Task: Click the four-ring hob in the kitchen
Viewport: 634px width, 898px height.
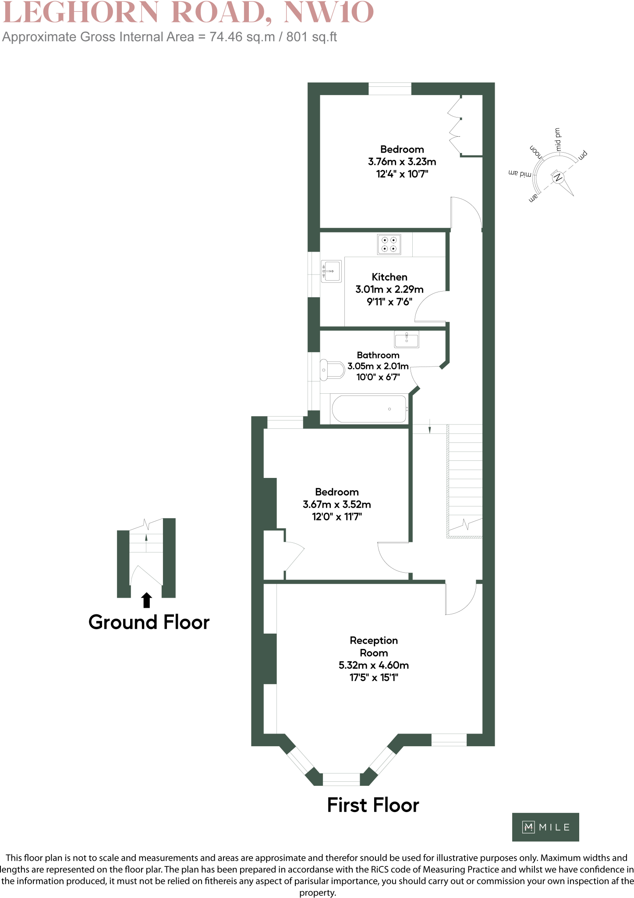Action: tap(389, 244)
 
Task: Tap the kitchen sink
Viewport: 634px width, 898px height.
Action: tap(331, 271)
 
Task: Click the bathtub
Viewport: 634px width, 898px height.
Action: tap(369, 409)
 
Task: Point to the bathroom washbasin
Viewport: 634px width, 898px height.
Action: tap(407, 339)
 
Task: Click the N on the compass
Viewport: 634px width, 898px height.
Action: tap(558, 178)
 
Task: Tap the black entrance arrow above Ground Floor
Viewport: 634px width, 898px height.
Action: tap(147, 600)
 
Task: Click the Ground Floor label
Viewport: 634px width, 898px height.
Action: tap(149, 622)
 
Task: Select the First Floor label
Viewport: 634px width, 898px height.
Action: tap(373, 805)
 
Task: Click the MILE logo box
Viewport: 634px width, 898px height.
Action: tap(545, 827)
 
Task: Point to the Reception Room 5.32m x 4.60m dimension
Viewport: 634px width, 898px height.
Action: tap(374, 665)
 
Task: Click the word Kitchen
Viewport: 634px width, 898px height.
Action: tap(390, 277)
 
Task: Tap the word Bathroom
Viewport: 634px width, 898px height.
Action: tap(378, 355)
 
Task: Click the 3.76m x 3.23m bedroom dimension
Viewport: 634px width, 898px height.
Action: tap(402, 162)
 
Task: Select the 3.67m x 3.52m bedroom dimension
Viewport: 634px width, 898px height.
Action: tap(336, 504)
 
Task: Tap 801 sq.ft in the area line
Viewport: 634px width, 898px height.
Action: tap(312, 37)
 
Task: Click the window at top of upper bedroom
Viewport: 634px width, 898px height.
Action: tap(390, 89)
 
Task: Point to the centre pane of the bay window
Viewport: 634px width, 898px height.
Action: tap(341, 779)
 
